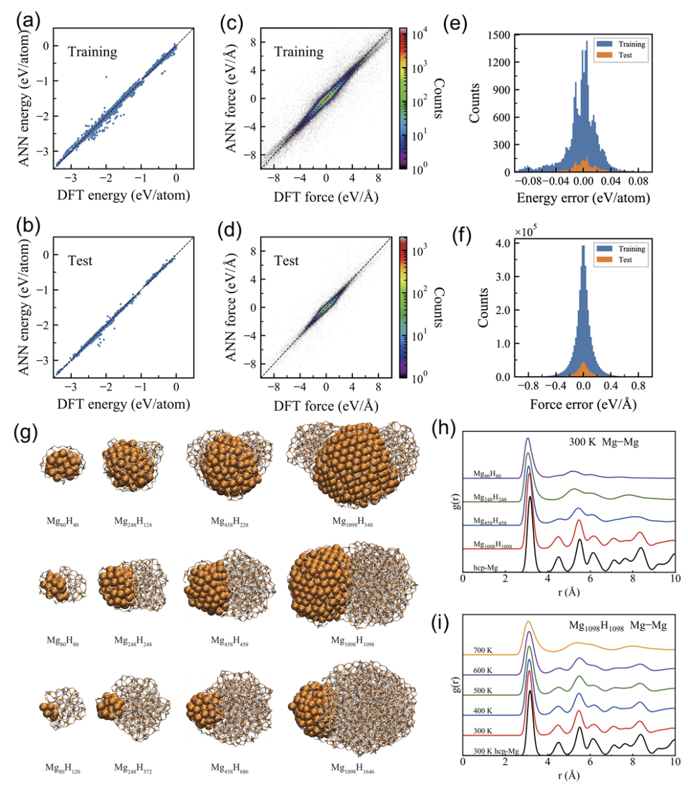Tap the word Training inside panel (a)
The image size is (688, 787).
(x=93, y=52)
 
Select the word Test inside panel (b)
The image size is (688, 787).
(x=80, y=261)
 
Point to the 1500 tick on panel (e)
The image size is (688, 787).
(x=499, y=35)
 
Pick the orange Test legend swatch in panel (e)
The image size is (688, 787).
(x=605, y=55)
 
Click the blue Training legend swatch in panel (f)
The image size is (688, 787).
(x=605, y=249)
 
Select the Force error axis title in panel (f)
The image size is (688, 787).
(x=583, y=404)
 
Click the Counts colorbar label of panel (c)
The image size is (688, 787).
(x=439, y=99)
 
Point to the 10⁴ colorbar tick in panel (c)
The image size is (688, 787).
(x=419, y=34)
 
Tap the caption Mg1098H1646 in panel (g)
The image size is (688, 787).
(x=352, y=769)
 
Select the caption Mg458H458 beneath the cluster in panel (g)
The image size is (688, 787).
(x=229, y=641)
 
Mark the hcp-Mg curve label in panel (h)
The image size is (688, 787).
(x=485, y=567)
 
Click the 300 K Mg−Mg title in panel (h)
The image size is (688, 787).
(x=603, y=442)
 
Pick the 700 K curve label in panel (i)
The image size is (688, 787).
(x=482, y=651)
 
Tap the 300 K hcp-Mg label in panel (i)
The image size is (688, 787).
(x=496, y=751)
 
